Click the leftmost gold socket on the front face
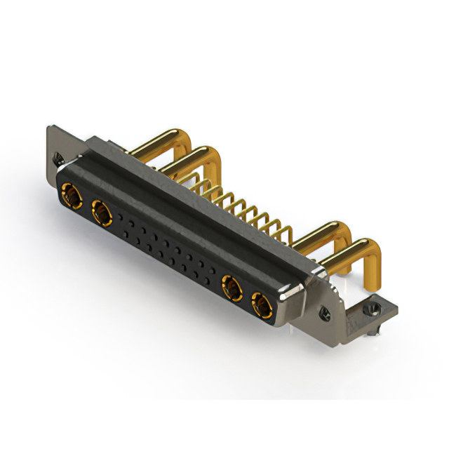[x=70, y=192]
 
